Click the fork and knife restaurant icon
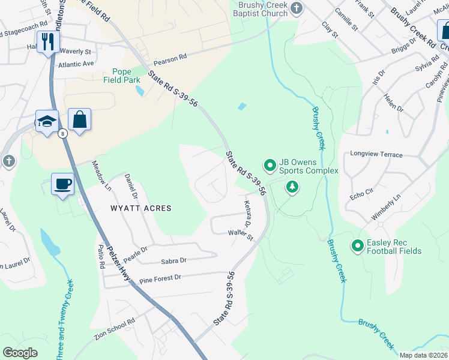click(x=48, y=41)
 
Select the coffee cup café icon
click(x=62, y=183)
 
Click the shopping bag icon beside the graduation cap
click(x=79, y=119)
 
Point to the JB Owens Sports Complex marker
click(x=270, y=164)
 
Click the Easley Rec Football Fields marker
click(x=358, y=245)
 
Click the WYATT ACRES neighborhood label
click(x=140, y=208)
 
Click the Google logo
click(x=20, y=352)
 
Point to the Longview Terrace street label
click(x=376, y=154)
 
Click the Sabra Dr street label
click(x=174, y=261)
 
